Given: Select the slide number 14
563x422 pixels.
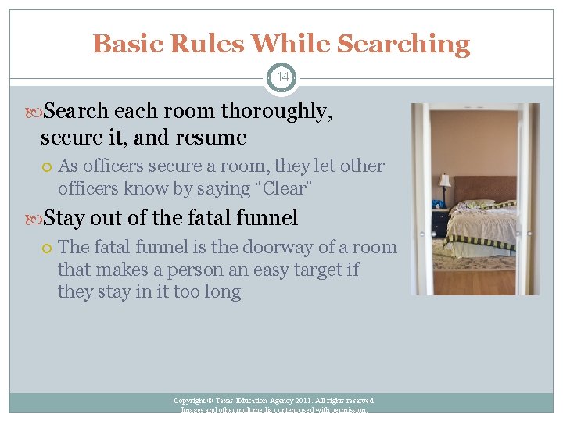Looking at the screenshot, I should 281,77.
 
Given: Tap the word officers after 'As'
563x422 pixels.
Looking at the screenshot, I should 113,166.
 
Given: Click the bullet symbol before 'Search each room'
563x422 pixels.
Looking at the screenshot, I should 36,113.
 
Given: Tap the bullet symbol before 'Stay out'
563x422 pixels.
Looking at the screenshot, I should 36,218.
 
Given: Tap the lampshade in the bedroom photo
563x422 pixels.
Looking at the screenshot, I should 444,181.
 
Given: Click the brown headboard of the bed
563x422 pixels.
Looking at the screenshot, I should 486,188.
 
